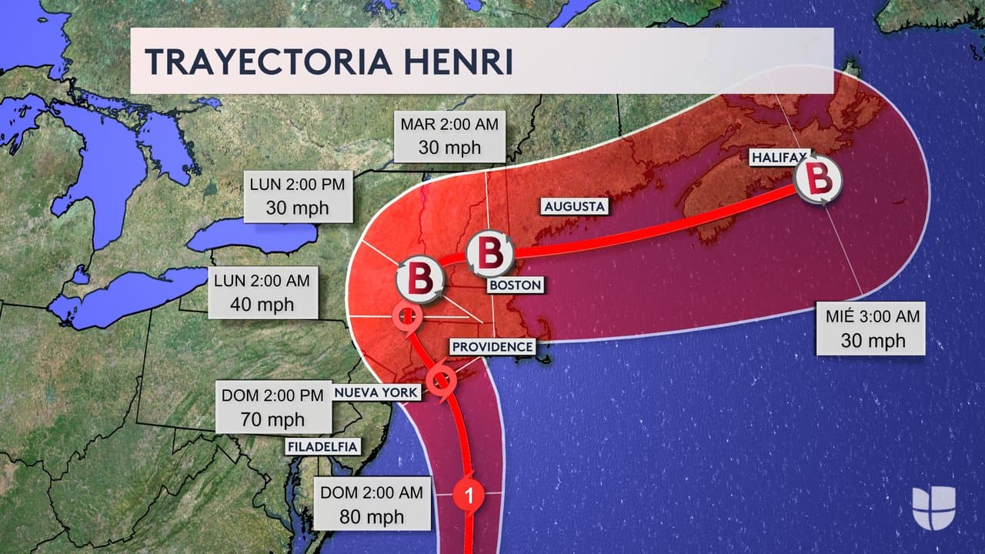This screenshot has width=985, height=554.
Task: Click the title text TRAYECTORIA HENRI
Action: (x=329, y=62)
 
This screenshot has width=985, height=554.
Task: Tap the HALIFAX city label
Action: (x=779, y=158)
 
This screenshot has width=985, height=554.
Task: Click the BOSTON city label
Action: (x=515, y=285)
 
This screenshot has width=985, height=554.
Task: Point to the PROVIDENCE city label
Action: (x=492, y=347)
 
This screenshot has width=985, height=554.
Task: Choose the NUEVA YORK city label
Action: (x=376, y=392)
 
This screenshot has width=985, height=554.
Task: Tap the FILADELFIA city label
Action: (x=323, y=446)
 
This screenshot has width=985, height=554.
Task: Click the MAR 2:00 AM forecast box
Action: (x=449, y=135)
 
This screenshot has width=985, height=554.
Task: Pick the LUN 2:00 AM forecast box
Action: (x=262, y=292)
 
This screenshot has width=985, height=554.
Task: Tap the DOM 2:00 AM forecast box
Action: (x=372, y=504)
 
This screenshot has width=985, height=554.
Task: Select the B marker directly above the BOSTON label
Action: (x=490, y=255)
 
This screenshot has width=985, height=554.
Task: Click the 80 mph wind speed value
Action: (x=372, y=516)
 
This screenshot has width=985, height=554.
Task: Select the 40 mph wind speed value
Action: (x=262, y=304)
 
